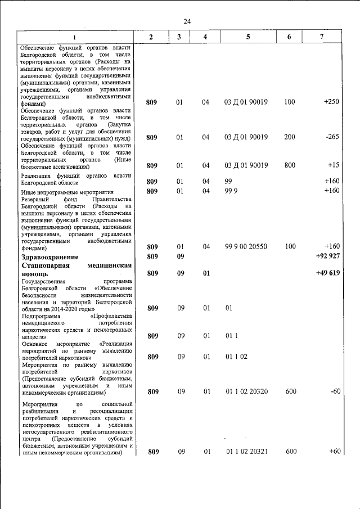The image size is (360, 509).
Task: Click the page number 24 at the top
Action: click(x=187, y=21)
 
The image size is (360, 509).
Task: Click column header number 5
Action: click(x=247, y=37)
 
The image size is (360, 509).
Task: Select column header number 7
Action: click(x=321, y=37)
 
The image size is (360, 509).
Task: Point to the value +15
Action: click(x=333, y=165)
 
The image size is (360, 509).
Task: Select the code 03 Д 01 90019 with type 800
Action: click(x=246, y=165)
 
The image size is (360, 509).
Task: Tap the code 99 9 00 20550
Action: click(x=246, y=246)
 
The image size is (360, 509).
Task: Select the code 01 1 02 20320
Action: click(x=246, y=391)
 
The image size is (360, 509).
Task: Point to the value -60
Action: click(x=335, y=391)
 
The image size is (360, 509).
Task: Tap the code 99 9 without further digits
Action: click(x=231, y=191)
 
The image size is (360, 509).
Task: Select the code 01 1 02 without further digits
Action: click(x=236, y=357)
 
